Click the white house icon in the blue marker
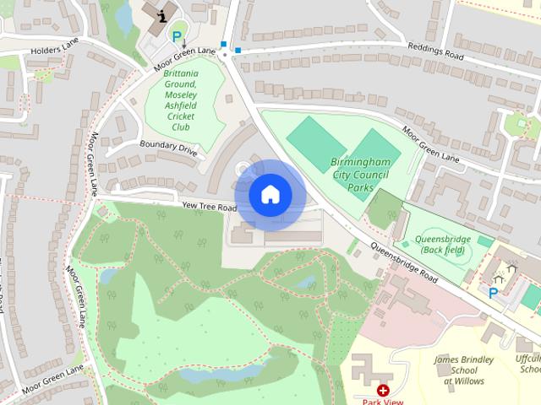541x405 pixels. click(x=270, y=194)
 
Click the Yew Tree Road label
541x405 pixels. click(x=209, y=206)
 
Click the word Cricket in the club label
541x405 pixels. click(x=181, y=116)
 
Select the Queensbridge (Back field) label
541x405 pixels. click(x=445, y=245)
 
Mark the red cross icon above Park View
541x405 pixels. click(x=383, y=391)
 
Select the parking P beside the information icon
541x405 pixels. click(x=178, y=36)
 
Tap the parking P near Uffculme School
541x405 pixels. click(x=493, y=293)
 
